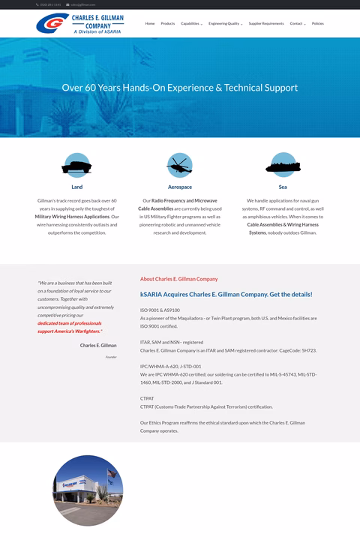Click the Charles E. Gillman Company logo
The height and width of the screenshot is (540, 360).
pyautogui.click(x=79, y=23)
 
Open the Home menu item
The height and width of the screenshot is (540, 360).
pyautogui.click(x=150, y=23)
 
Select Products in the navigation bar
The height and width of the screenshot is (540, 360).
pyautogui.click(x=167, y=23)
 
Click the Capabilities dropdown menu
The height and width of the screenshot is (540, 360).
pyautogui.click(x=191, y=23)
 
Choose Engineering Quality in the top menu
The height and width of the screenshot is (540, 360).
pyautogui.click(x=225, y=23)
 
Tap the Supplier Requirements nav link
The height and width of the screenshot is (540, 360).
pyautogui.click(x=266, y=23)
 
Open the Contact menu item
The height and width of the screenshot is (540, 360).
pyautogui.click(x=297, y=23)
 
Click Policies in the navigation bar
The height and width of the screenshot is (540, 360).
pyautogui.click(x=318, y=23)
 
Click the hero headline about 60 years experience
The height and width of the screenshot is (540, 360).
pyautogui.click(x=180, y=88)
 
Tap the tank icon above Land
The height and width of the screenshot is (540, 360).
pyautogui.click(x=77, y=164)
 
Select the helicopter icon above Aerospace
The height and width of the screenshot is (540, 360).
pyautogui.click(x=180, y=164)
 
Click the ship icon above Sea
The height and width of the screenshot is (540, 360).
pyautogui.click(x=283, y=164)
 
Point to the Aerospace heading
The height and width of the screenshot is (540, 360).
pyautogui.click(x=180, y=187)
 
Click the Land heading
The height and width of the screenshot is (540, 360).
pyautogui.click(x=77, y=187)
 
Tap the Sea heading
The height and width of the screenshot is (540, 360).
pyautogui.click(x=283, y=187)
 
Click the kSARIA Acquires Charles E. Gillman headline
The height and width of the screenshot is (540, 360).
pyautogui.click(x=226, y=294)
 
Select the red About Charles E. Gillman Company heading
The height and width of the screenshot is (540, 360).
pyautogui.click(x=178, y=279)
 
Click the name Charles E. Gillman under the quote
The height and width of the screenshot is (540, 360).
pyautogui.click(x=98, y=346)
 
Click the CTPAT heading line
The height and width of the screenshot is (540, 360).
pyautogui.click(x=147, y=399)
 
